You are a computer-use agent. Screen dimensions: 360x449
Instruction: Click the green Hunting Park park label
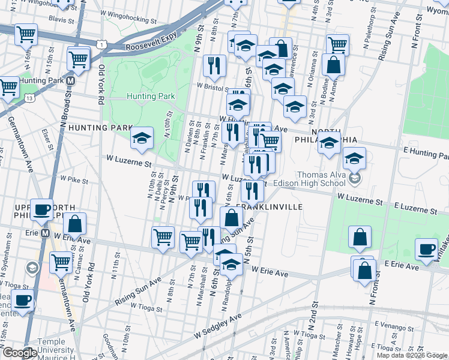coord(151,96)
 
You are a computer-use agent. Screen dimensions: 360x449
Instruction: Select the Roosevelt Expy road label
coord(149,43)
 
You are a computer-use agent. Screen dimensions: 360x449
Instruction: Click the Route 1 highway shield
coord(104,45)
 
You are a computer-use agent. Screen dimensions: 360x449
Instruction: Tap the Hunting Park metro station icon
coord(71,80)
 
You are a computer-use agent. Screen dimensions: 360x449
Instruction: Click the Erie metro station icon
coord(44,233)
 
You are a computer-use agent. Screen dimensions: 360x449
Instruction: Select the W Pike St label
coord(75,179)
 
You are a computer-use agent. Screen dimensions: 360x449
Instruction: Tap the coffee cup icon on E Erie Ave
coord(427,248)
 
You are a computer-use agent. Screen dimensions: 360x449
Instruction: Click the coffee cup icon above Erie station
coord(42,209)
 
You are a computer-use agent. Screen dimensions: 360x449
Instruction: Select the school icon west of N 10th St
coord(142,138)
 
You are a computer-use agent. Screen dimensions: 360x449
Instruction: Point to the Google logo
coord(20,353)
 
